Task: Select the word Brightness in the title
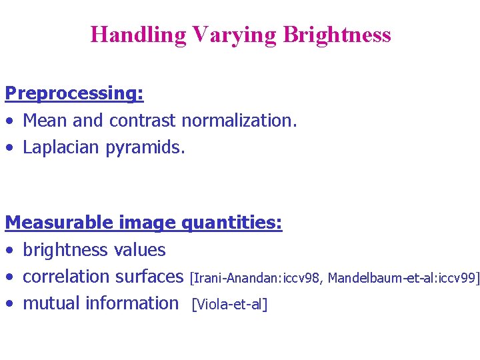coord(337,35)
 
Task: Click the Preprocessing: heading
coord(74,94)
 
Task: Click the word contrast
coord(143,121)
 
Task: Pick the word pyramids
coord(145,147)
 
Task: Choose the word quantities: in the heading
coord(232,223)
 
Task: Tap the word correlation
coord(66,277)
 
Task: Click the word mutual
coord(48,303)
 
